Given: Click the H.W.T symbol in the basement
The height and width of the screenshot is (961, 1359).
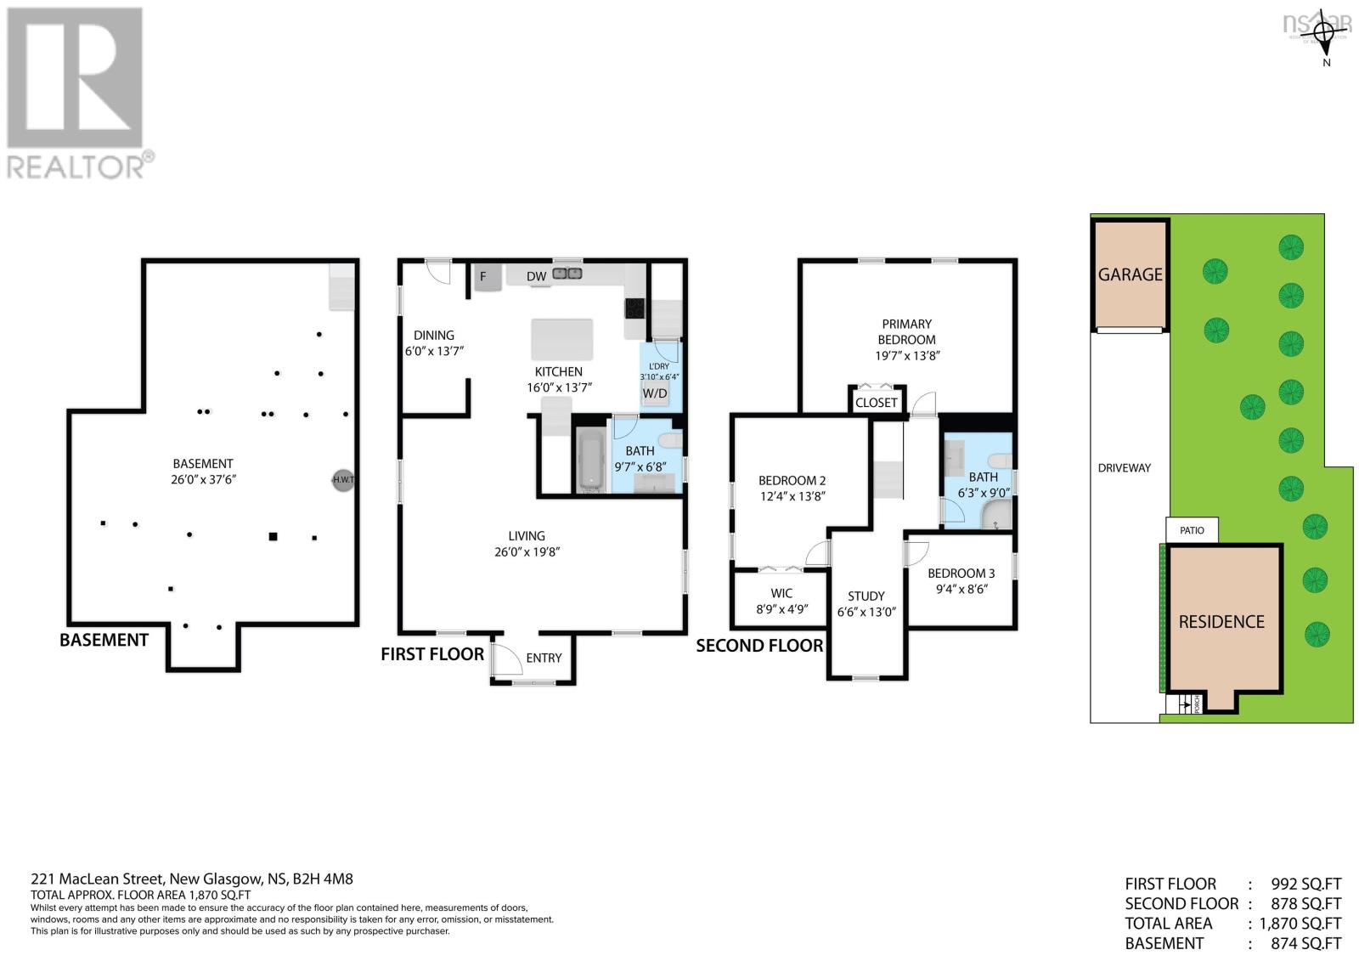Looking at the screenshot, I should (x=342, y=480).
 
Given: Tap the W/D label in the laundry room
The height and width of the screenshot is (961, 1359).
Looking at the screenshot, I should (x=654, y=393).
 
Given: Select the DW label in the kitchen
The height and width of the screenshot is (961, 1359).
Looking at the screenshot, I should (x=536, y=276).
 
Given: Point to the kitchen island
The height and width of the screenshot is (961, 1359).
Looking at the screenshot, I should (x=561, y=339).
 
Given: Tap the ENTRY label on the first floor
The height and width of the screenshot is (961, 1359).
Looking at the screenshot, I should (x=544, y=658).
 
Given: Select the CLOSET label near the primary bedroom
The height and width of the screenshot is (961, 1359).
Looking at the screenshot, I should (x=876, y=403).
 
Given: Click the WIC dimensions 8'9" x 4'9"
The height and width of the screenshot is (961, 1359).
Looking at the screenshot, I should (x=781, y=608).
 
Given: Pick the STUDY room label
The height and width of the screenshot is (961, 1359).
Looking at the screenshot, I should (x=866, y=596).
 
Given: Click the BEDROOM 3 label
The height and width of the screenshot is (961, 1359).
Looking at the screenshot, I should (x=961, y=574).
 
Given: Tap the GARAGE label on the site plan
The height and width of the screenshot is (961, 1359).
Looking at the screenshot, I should (x=1130, y=274).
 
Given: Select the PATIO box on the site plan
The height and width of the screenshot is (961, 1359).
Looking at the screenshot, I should (x=1192, y=530).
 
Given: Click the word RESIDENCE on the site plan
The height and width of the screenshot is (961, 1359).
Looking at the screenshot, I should (x=1221, y=622).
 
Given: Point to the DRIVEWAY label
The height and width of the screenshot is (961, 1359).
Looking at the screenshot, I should (x=1124, y=468).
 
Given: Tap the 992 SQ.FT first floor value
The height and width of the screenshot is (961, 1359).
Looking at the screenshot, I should (x=1305, y=884).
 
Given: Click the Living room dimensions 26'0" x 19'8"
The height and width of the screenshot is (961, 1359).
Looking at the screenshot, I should (x=527, y=551).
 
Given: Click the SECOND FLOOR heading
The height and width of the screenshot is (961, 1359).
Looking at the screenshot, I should (x=759, y=646).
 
